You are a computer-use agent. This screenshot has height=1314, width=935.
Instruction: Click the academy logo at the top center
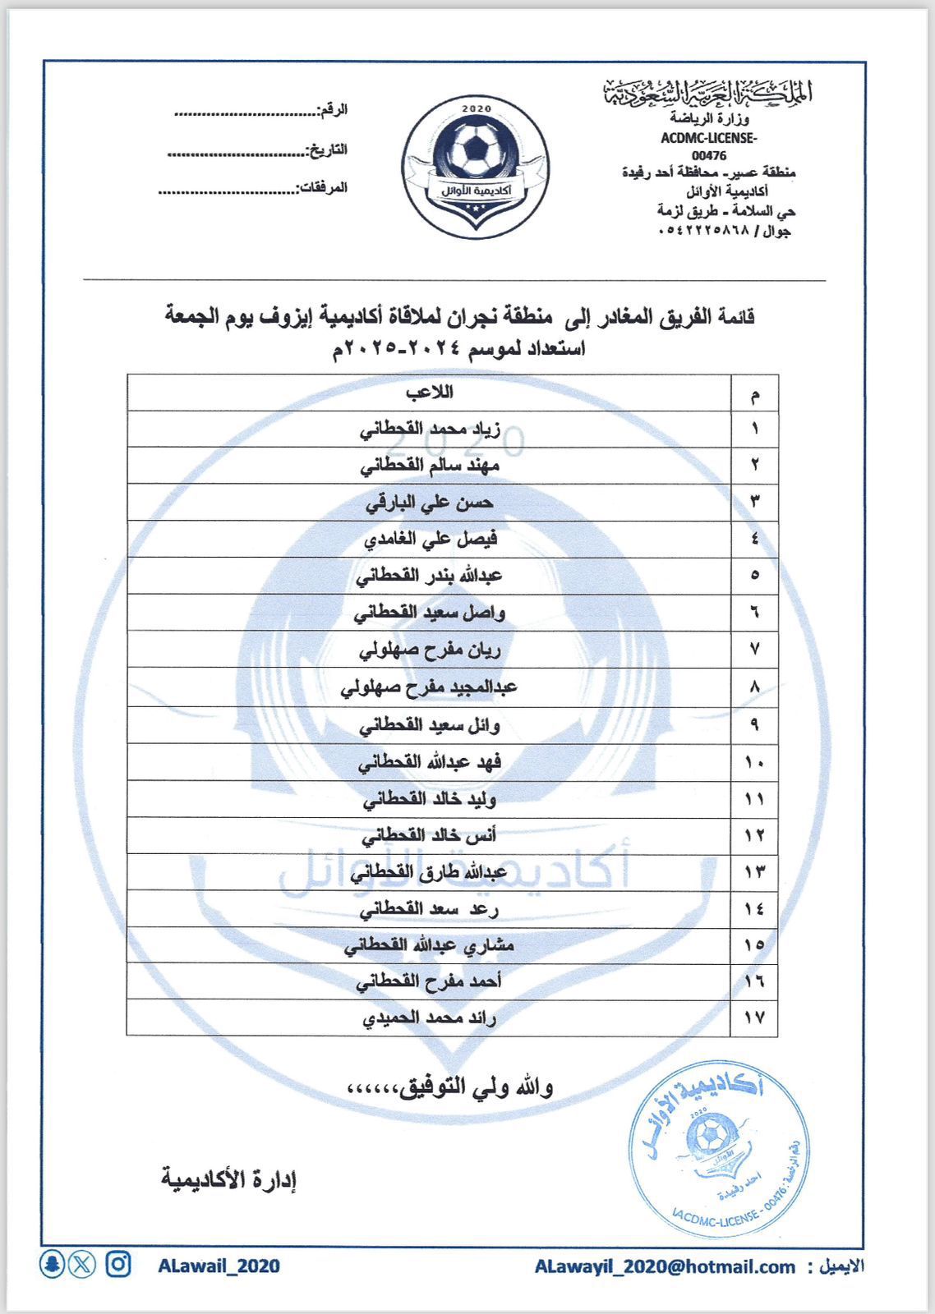[x=475, y=167]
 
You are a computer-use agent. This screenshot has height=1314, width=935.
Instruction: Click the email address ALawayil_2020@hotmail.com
[x=665, y=1267]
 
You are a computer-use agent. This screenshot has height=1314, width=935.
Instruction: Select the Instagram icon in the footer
[x=118, y=1264]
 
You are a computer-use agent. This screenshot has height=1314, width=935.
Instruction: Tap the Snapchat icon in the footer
[x=53, y=1264]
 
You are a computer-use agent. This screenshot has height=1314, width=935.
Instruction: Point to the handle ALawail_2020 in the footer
[x=219, y=1266]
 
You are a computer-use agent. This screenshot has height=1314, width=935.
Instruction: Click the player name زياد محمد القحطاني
[x=430, y=429]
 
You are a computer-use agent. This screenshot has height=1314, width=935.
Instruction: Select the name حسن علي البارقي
[x=430, y=502]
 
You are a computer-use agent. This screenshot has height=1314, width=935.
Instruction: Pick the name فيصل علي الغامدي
[x=431, y=539]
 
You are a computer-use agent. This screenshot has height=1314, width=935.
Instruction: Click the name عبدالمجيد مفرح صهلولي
[x=429, y=687]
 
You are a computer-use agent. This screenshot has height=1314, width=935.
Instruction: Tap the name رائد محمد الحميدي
[x=430, y=1018]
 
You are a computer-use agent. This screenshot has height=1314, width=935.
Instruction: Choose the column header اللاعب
[x=429, y=392]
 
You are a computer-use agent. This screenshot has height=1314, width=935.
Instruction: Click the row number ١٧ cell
[x=754, y=1018]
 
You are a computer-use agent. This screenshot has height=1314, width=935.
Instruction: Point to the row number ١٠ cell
[x=754, y=762]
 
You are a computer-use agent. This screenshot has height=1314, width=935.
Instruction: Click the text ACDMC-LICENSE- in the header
[x=708, y=138]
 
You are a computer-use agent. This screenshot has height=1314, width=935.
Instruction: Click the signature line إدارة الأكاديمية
[x=228, y=1180]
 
